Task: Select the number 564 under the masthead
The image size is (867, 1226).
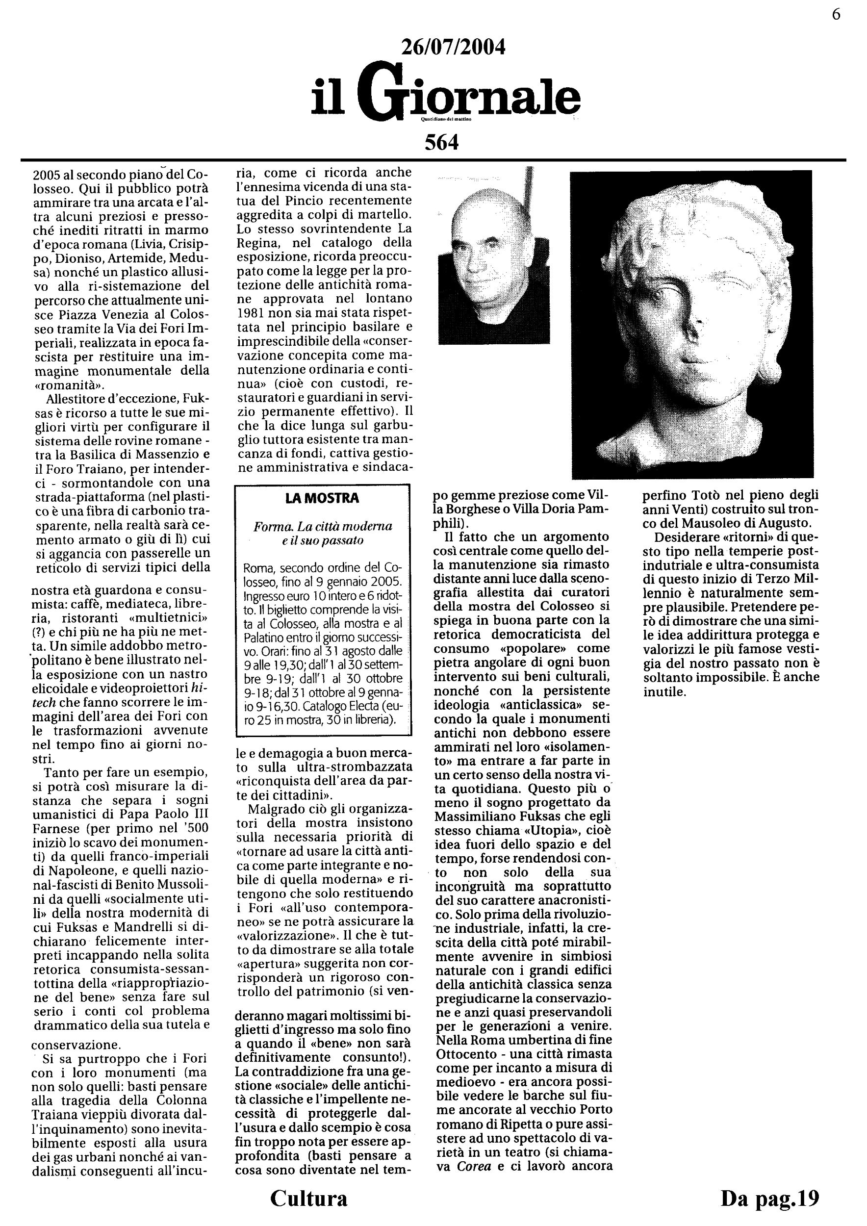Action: pyautogui.click(x=441, y=143)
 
